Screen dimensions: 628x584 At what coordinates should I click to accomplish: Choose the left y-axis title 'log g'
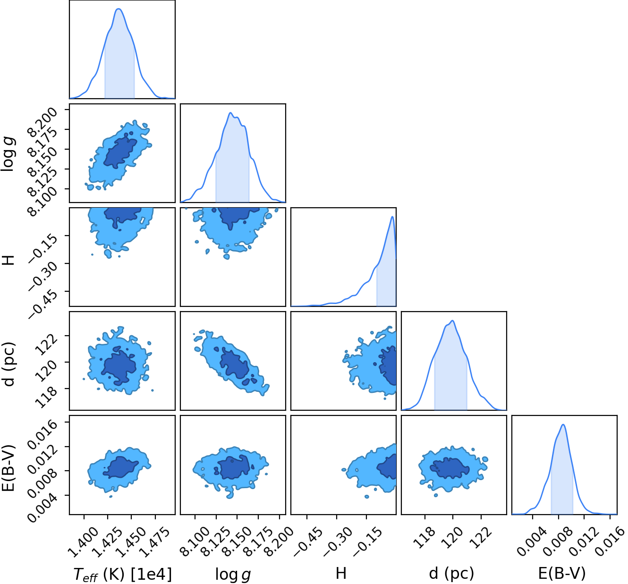8,153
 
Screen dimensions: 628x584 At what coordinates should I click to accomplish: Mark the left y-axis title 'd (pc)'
8,364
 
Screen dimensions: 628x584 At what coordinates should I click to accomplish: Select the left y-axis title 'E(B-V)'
8,468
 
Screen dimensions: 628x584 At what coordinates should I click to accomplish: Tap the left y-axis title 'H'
8,260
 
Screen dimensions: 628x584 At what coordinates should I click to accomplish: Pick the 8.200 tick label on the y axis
42,122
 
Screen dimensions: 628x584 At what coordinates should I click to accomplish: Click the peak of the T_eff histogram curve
119,9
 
